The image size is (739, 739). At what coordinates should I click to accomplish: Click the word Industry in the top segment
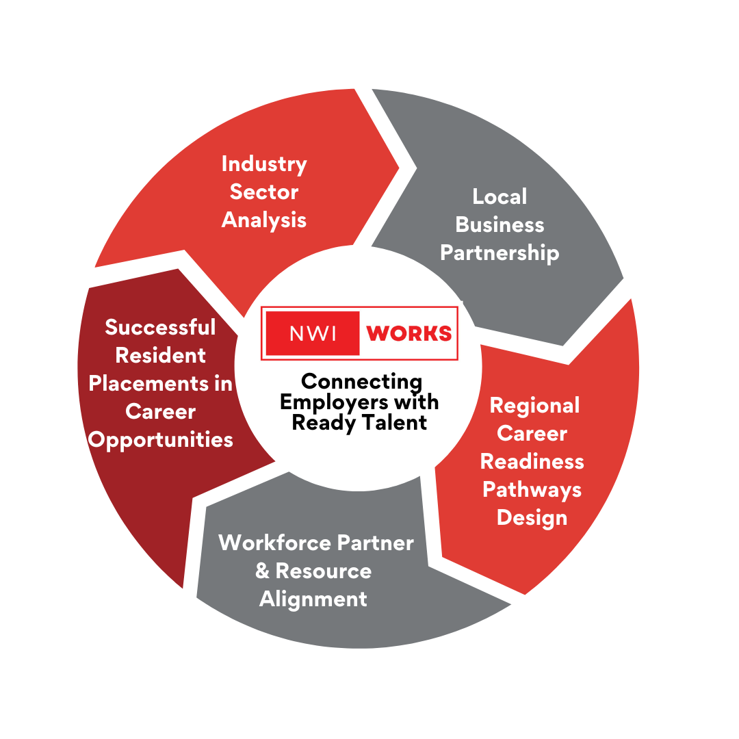coord(264,165)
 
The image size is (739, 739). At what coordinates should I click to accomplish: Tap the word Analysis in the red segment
coord(264,220)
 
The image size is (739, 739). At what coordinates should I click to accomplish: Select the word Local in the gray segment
coord(500,196)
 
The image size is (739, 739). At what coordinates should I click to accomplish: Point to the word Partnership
coord(500,252)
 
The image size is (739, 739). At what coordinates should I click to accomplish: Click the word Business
coord(500,224)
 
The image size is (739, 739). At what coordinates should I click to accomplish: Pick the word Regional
coord(534,405)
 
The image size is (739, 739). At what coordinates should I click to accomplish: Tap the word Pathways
coord(532,490)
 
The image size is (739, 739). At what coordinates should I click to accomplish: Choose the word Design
coord(532,517)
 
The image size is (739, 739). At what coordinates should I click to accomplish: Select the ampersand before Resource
coord(262,571)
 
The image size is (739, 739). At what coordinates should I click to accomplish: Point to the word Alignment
coord(313,599)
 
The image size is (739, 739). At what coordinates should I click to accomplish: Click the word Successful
coord(160,327)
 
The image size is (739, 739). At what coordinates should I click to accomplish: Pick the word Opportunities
coord(161,440)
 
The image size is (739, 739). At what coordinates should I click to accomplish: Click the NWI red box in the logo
coord(312,333)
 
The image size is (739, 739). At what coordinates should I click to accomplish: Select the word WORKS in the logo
coord(409,333)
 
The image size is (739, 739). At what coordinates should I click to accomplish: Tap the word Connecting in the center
coord(361,381)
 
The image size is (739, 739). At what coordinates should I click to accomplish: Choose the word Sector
coord(264,192)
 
